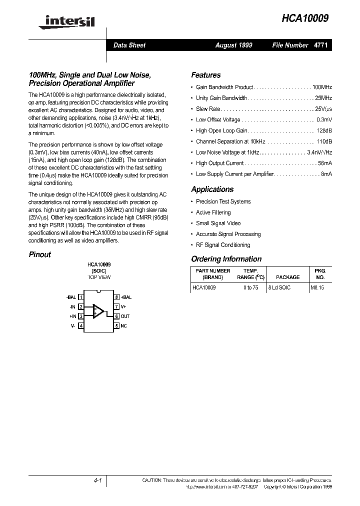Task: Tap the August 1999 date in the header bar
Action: point(233,45)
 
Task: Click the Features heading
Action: point(205,75)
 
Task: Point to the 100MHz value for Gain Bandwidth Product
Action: point(322,87)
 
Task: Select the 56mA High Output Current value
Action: point(324,163)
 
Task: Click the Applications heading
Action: point(212,189)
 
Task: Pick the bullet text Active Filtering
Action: point(213,212)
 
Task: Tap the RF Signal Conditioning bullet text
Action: point(222,245)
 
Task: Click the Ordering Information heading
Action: point(226,259)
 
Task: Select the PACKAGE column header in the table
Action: point(288,277)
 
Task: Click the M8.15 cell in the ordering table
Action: point(317,288)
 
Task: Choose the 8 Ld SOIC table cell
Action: point(279,288)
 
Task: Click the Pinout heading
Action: point(39,254)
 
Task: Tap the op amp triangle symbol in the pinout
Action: point(98,311)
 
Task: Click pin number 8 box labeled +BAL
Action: point(116,297)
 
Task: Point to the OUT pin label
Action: point(125,316)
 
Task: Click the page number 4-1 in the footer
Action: point(97,480)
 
